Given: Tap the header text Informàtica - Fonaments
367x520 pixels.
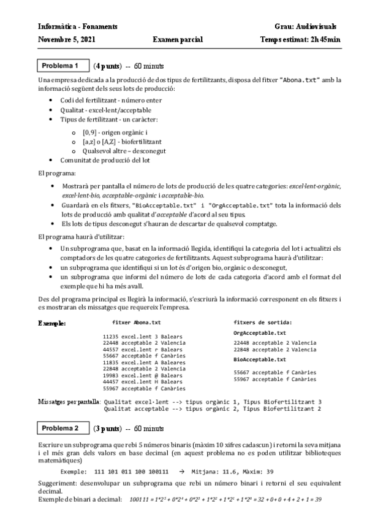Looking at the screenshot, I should point(78,27).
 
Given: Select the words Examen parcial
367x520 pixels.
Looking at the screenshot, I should point(178,40).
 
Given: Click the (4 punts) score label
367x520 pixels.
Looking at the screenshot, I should point(107,66).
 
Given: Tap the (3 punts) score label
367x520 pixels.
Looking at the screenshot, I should point(107,427).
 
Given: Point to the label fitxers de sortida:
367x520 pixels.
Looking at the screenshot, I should point(263,322).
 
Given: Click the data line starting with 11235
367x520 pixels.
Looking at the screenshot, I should point(140,336).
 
